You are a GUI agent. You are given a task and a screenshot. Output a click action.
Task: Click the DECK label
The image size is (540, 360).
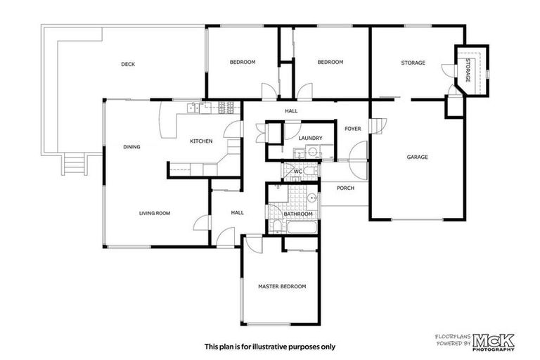(127, 64)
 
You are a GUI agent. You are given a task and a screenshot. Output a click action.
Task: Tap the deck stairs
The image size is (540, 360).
(73, 165)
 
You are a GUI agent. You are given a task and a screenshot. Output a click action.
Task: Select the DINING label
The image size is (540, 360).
(131, 147)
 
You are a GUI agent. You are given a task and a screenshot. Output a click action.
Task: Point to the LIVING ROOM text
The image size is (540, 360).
(154, 213)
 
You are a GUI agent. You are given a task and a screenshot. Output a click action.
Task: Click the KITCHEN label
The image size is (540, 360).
(201, 141)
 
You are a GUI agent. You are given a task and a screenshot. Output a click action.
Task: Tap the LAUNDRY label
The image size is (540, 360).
(310, 139)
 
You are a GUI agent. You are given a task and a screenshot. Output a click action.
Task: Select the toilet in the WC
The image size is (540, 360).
(311, 170)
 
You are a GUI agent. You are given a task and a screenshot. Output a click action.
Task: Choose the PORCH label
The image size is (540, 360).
(345, 188)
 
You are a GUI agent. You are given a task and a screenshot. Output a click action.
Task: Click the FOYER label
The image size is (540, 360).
(352, 129)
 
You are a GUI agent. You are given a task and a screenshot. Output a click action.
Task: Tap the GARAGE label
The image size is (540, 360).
(417, 157)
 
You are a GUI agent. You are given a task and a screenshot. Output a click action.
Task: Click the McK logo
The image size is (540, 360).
(494, 341)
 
